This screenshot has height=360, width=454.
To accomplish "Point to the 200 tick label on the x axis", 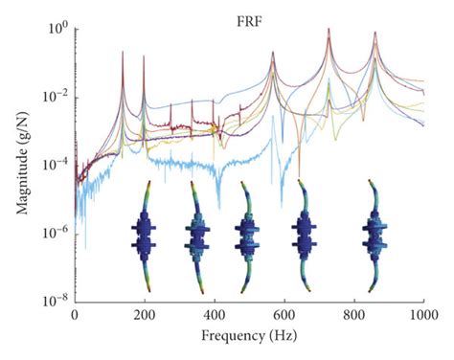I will tap(144, 316).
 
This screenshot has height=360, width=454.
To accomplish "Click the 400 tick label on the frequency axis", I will tap(214, 316).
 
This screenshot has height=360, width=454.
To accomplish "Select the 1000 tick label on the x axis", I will tap(422, 316).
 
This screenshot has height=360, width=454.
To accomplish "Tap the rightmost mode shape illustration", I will tap(375, 235).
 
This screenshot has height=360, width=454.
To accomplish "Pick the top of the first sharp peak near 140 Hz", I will tap(123, 52).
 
